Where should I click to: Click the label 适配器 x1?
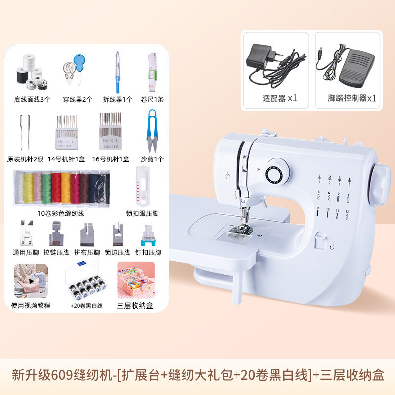tap(279, 98)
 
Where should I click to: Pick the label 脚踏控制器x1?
tap(352, 98)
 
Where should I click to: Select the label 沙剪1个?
tap(152, 159)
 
